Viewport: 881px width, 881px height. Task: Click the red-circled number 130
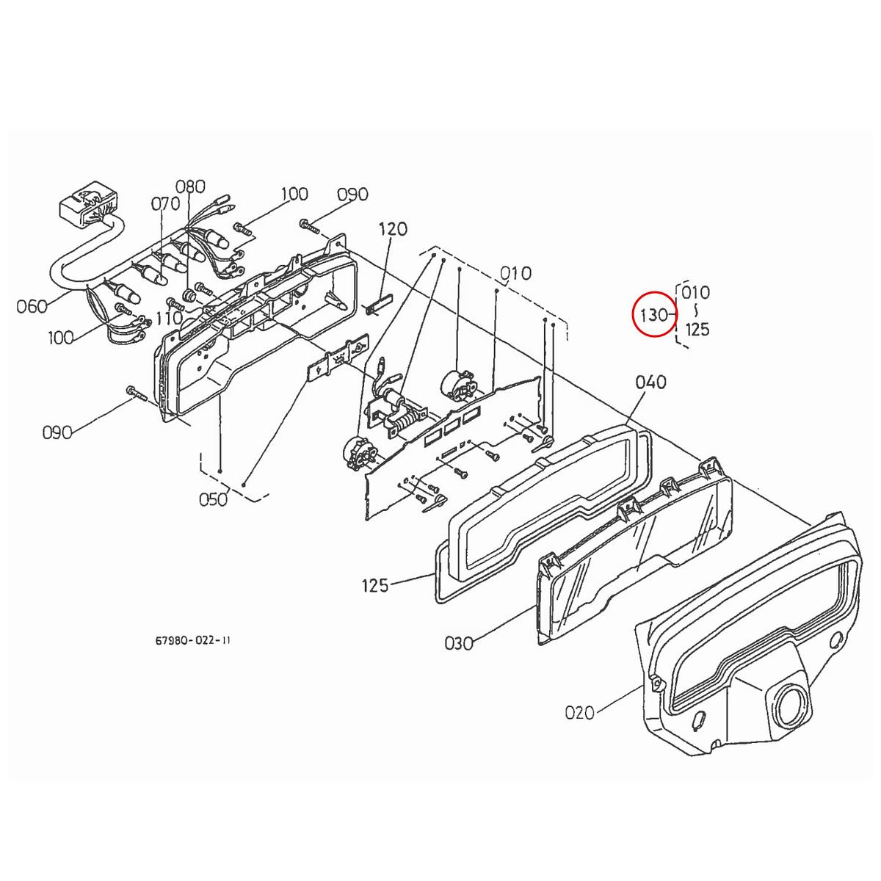653,315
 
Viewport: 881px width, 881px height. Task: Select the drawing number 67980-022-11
193,640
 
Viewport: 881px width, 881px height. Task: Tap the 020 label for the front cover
580,712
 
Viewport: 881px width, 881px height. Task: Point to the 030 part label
459,643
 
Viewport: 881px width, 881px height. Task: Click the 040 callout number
651,382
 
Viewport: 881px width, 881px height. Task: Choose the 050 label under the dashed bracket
213,499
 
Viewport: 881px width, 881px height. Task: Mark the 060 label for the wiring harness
32,305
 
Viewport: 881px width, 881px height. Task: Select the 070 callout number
165,203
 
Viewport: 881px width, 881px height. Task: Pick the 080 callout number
190,186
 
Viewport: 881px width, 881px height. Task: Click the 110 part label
169,318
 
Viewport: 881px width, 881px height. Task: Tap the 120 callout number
393,229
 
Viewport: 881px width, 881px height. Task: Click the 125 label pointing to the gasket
375,586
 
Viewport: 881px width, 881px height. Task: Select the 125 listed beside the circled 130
697,330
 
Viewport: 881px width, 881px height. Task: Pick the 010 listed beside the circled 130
696,292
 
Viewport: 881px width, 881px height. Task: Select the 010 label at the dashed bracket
516,274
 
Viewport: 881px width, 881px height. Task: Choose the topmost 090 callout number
352,195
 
